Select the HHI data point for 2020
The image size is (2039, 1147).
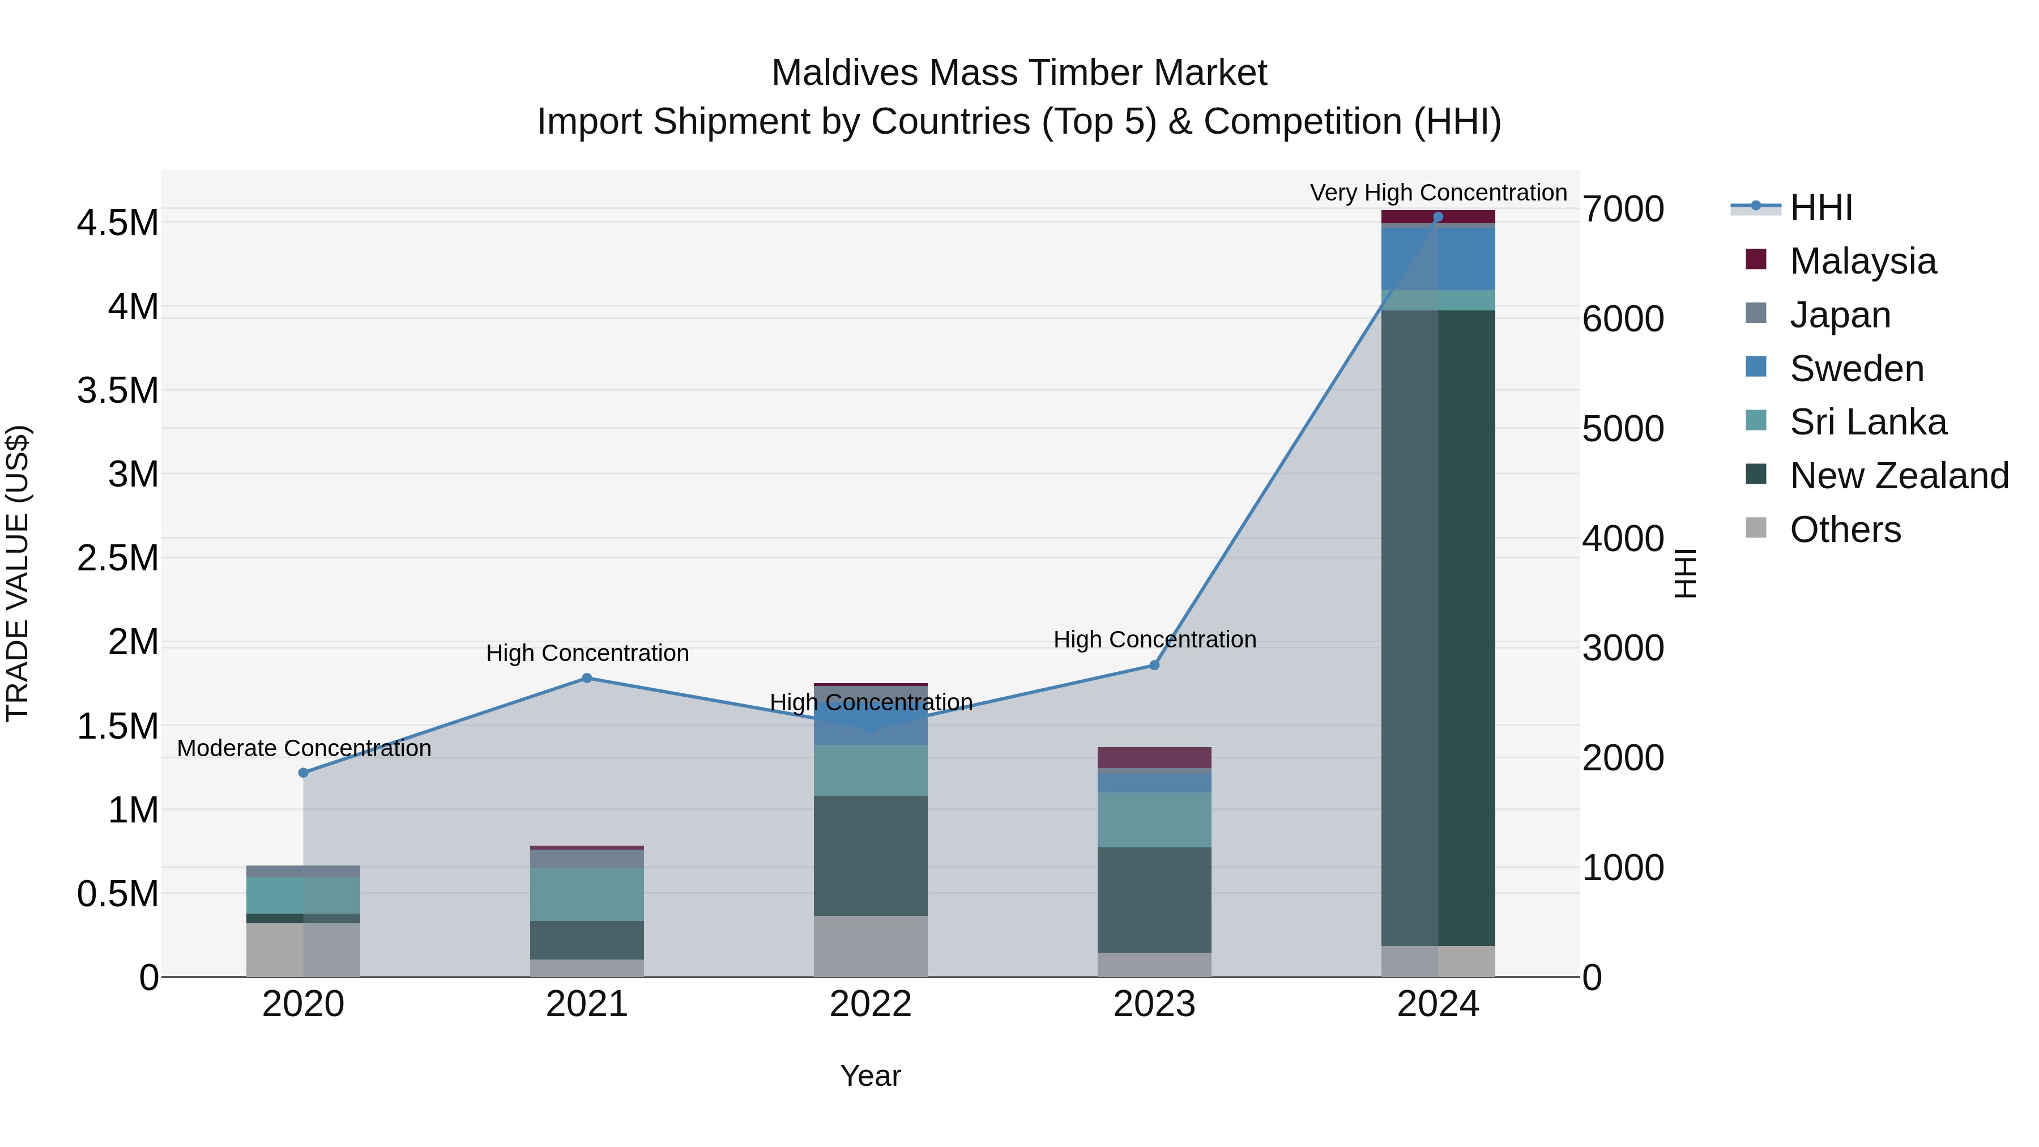[x=303, y=773]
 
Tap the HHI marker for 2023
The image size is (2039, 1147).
[x=1154, y=665]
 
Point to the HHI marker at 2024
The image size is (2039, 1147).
[x=1438, y=217]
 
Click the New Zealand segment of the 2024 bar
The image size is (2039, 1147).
[x=1438, y=625]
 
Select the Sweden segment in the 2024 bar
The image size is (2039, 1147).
[x=1438, y=258]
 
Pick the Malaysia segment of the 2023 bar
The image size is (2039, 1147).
[x=1154, y=757]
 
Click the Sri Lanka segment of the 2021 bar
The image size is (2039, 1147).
[x=587, y=894]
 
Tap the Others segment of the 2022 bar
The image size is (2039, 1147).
[x=871, y=946]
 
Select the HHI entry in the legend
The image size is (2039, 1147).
[x=1820, y=207]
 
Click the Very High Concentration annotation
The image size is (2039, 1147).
[x=1438, y=193]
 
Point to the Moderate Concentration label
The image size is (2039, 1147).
[x=304, y=748]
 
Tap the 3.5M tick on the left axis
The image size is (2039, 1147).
[x=117, y=390]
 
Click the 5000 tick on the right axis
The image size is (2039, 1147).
[x=1623, y=429]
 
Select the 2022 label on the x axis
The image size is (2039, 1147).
[x=871, y=1004]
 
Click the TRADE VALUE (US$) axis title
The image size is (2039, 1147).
[x=18, y=573]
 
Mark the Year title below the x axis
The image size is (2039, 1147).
[x=871, y=1076]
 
